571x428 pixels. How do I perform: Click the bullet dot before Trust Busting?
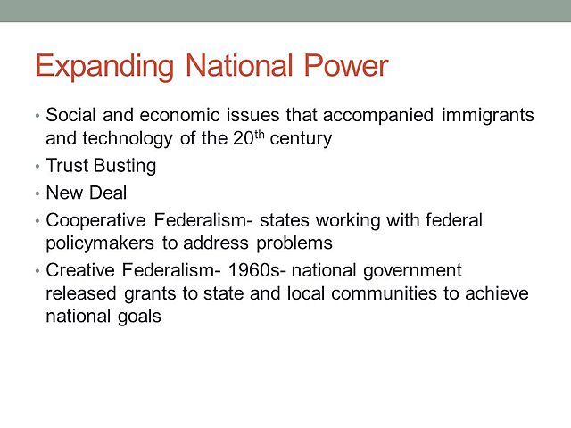pos(37,167)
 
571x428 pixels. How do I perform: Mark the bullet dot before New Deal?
pos(37,193)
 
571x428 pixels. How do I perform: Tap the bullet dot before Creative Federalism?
pos(37,270)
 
